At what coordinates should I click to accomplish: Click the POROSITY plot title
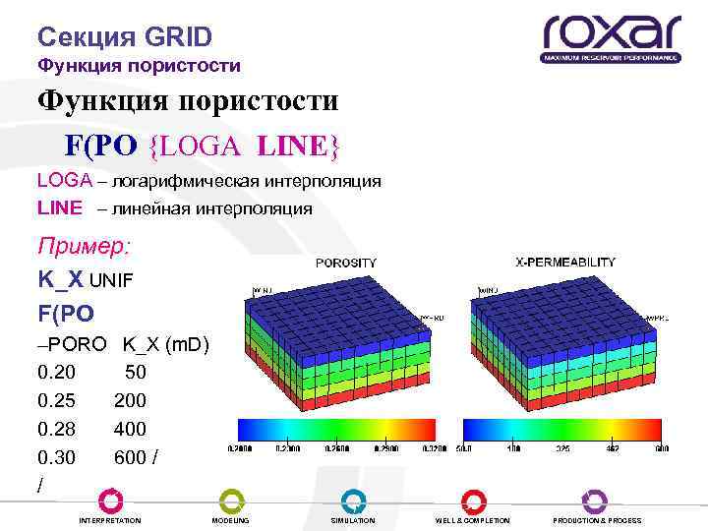(345, 263)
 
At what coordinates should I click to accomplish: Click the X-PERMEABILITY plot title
(565, 263)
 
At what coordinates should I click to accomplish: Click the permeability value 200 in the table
(130, 401)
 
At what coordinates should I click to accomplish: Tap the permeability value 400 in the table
(130, 429)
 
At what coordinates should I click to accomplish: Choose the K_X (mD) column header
(165, 345)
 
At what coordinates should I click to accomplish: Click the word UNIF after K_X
(111, 280)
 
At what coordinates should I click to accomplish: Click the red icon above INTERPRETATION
(110, 501)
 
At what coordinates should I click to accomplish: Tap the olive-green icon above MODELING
(231, 501)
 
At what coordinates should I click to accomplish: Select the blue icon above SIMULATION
(353, 501)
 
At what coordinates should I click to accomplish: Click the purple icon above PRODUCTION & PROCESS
(595, 501)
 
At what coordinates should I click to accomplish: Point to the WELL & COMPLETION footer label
(473, 520)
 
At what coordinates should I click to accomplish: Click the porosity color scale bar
(337, 430)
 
